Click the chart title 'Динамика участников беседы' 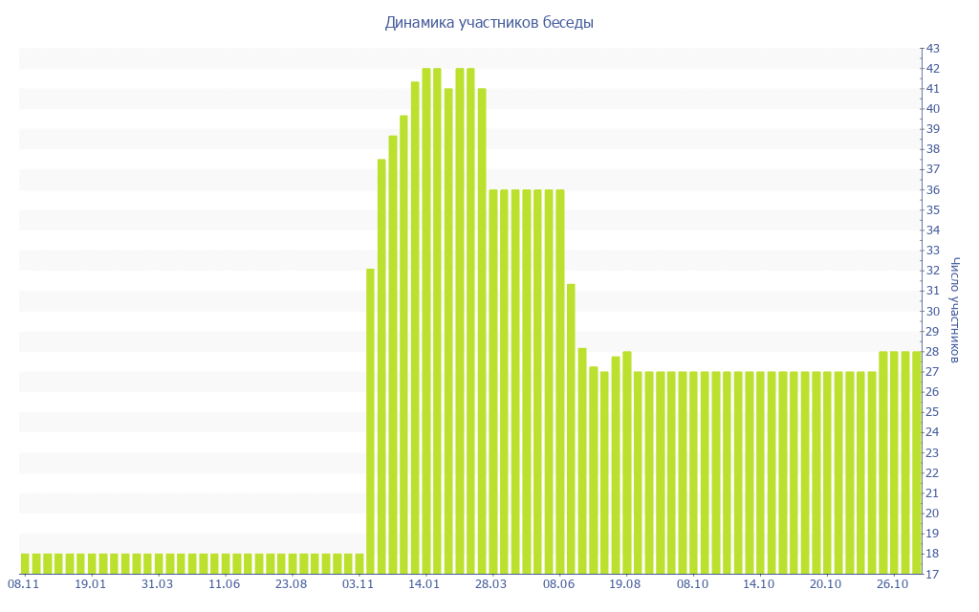(x=489, y=23)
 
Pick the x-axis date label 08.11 (x=24, y=583)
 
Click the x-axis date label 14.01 (x=425, y=583)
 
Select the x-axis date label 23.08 (x=292, y=583)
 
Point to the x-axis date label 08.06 (x=559, y=583)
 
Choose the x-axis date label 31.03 (x=158, y=583)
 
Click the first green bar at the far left (x=25, y=563)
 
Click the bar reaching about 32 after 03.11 (x=371, y=421)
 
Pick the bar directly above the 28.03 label (x=493, y=382)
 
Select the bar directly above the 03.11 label (x=359, y=563)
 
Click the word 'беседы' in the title (x=569, y=23)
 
